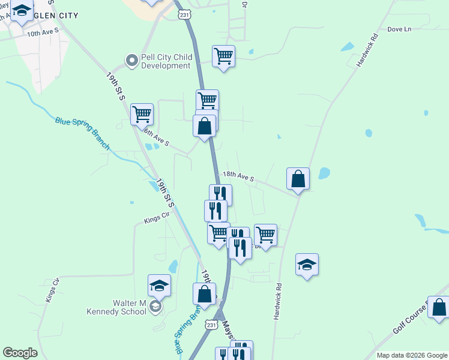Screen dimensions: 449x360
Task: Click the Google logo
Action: (x=20, y=353)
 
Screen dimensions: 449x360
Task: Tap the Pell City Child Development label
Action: (x=166, y=61)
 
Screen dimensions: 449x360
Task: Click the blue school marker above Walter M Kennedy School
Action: (x=159, y=285)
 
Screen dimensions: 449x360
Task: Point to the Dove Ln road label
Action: (x=399, y=29)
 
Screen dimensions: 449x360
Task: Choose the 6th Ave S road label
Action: (x=157, y=139)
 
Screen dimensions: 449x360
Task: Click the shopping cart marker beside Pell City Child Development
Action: (x=223, y=56)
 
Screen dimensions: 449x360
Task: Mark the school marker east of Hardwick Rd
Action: (x=307, y=264)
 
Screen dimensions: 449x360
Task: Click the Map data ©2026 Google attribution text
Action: (x=412, y=355)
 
